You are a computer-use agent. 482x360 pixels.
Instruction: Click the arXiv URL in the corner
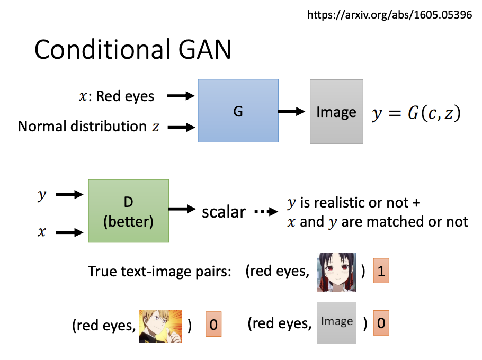tap(389, 14)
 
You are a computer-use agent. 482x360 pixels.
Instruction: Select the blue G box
tap(238, 111)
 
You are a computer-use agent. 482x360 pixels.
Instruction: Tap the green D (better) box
tap(128, 211)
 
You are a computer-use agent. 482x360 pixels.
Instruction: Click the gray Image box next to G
tap(336, 112)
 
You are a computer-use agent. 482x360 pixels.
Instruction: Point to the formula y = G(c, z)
tap(416, 113)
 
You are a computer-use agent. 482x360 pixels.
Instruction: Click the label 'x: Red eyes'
tap(117, 96)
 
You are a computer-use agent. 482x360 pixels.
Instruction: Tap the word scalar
tap(224, 212)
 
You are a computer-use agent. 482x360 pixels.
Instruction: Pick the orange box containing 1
tap(381, 272)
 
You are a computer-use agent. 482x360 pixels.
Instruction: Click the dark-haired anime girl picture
tap(337, 272)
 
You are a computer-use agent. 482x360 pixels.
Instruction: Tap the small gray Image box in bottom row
tap(337, 322)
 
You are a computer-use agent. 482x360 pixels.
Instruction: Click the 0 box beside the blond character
tap(213, 324)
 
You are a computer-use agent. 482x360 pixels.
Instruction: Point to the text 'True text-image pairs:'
tap(160, 272)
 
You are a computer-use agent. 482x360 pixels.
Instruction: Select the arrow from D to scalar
tap(182, 210)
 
